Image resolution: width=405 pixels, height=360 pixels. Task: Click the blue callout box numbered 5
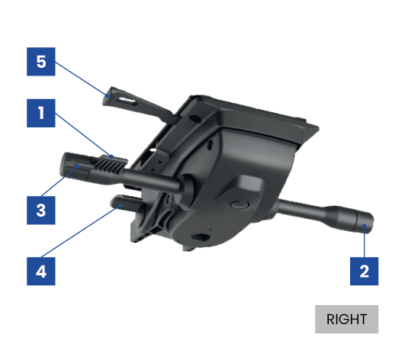tap(41, 62)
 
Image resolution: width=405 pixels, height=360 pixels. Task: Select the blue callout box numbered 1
tap(41, 113)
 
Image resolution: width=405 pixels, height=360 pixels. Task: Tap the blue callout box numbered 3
tap(41, 211)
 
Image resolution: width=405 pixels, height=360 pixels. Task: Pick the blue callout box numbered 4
tap(41, 272)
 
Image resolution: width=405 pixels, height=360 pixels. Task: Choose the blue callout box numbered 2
tap(364, 272)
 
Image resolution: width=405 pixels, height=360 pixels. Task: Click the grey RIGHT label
tap(346, 320)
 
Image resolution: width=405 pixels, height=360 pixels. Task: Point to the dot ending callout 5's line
tap(108, 95)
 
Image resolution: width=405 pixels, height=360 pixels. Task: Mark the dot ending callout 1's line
tap(111, 156)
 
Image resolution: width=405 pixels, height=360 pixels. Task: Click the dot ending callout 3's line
tap(78, 166)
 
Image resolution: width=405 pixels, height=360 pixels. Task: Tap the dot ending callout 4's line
tap(120, 205)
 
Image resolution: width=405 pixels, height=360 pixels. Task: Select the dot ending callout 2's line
tap(364, 226)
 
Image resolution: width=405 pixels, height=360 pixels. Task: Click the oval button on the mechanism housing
tap(239, 204)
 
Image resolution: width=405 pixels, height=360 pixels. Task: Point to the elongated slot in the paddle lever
tap(127, 101)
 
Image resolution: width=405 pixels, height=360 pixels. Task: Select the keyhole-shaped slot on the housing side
tap(211, 144)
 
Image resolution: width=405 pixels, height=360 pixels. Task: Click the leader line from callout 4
tap(81, 231)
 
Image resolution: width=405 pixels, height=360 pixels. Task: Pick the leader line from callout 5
tap(81, 79)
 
